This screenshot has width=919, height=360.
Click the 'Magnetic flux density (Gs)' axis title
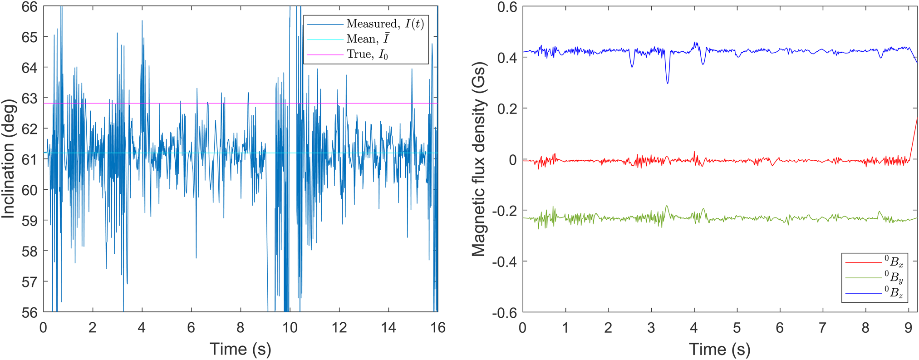click(478, 159)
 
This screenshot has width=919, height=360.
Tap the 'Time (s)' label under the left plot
click(240, 349)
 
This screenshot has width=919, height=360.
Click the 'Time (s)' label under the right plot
click(719, 349)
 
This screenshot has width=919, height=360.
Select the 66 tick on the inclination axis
click(29, 7)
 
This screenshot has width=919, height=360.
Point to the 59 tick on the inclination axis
click(29, 221)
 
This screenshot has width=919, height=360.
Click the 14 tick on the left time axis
click(388, 327)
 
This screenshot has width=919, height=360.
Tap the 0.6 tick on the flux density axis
click(506, 7)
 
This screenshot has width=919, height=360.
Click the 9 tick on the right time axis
click(908, 327)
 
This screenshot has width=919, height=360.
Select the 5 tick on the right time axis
click(737, 327)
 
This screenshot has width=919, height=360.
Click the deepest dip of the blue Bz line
click(667, 83)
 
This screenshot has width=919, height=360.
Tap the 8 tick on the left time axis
click(241, 327)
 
